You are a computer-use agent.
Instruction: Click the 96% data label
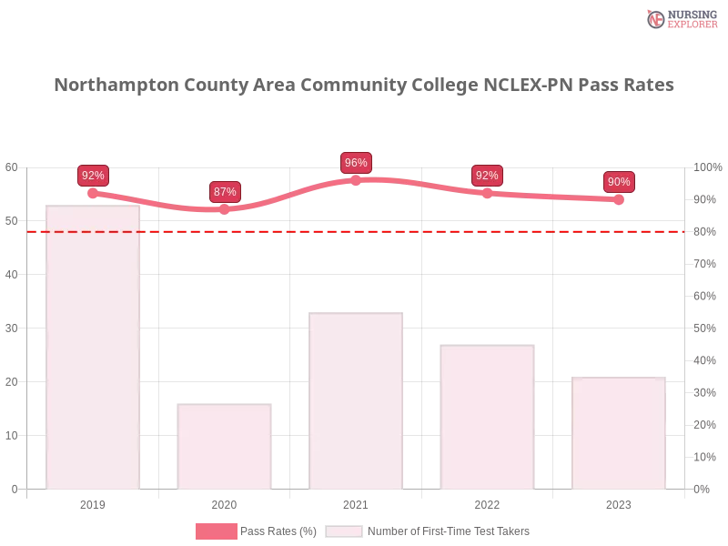(x=356, y=163)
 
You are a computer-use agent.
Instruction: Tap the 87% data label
(x=225, y=192)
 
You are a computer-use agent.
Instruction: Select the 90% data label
(x=618, y=182)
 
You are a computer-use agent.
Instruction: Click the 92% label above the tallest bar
(x=93, y=176)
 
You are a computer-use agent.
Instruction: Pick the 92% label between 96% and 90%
(x=487, y=176)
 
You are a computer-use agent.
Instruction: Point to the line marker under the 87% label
(x=225, y=209)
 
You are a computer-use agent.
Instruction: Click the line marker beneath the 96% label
(x=356, y=179)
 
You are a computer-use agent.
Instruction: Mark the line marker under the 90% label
(x=618, y=199)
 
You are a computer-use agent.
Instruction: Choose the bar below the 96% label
(x=356, y=400)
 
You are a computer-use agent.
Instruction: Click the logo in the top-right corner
(x=680, y=18)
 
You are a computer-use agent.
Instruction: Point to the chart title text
(x=364, y=86)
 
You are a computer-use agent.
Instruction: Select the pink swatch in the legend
(x=216, y=531)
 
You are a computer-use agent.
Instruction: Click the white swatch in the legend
(x=344, y=531)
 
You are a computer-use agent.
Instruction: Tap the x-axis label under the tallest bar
(x=94, y=502)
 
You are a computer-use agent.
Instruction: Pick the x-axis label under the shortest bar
(x=226, y=502)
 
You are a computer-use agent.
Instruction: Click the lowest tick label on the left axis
(x=13, y=489)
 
